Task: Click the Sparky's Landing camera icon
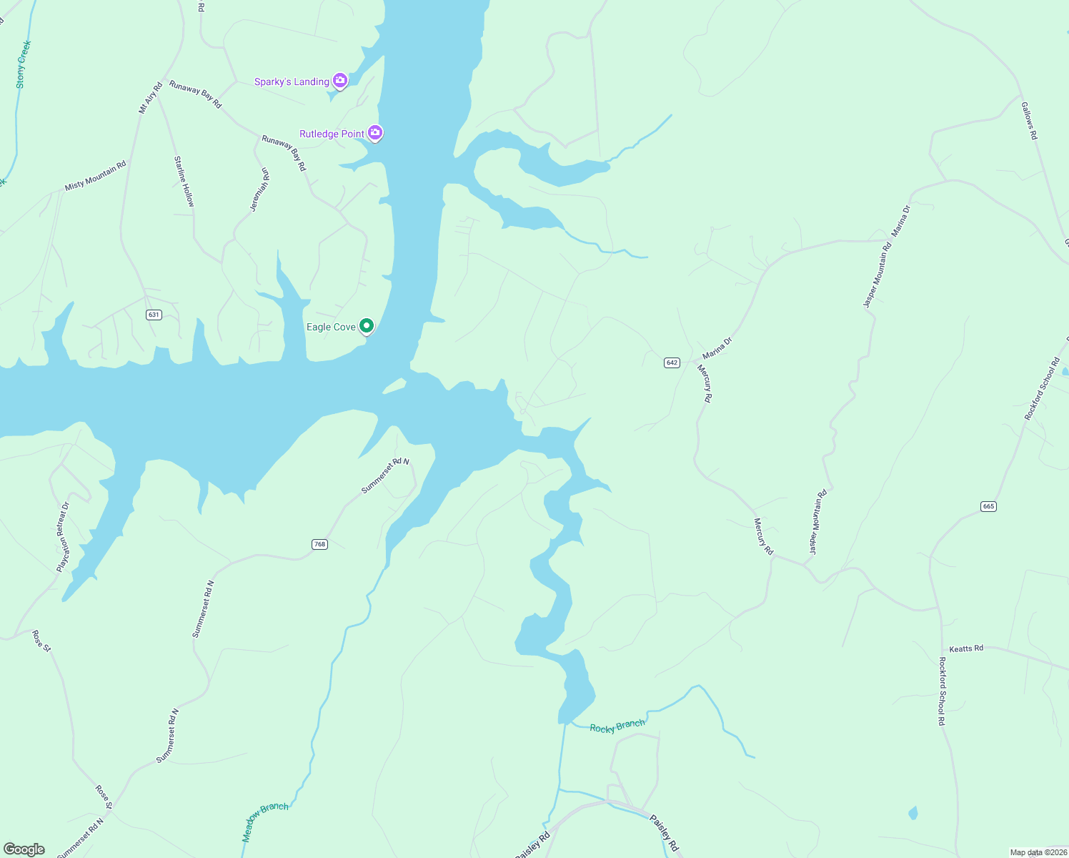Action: point(340,81)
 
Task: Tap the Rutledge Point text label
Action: point(332,134)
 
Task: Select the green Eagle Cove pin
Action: point(367,326)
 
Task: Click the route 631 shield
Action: point(154,315)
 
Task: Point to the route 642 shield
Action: point(672,363)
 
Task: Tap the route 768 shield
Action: point(319,544)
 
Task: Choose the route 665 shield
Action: point(988,506)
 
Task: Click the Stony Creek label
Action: point(23,65)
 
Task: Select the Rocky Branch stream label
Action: point(617,726)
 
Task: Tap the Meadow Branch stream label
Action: point(265,821)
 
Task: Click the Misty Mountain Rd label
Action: point(95,176)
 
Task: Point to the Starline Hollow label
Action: point(184,182)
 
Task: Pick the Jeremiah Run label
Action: point(260,189)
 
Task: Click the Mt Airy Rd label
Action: point(151,98)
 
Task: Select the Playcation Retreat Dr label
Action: point(64,537)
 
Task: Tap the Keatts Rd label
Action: point(966,649)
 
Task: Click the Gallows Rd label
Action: point(1029,121)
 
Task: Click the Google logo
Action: point(24,849)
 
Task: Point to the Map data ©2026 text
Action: point(1038,852)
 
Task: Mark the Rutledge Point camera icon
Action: point(375,132)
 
